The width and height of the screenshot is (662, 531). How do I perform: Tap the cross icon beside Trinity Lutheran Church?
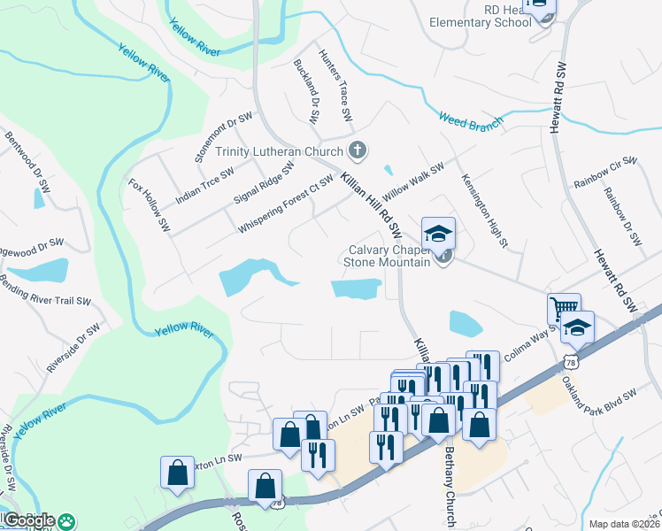click(x=358, y=150)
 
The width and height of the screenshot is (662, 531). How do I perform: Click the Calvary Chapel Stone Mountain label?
click(x=389, y=254)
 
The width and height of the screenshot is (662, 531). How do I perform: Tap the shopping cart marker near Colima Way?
click(x=564, y=310)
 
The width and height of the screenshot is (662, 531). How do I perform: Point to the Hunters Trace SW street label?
click(x=335, y=86)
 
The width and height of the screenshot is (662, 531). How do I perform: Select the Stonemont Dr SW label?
click(x=224, y=137)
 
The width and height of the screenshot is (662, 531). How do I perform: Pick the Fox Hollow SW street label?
click(x=149, y=204)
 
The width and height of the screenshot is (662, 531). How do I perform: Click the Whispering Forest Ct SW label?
click(x=285, y=204)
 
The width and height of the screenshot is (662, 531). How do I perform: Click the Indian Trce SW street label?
click(x=204, y=187)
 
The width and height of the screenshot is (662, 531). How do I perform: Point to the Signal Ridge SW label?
click(x=264, y=182)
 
